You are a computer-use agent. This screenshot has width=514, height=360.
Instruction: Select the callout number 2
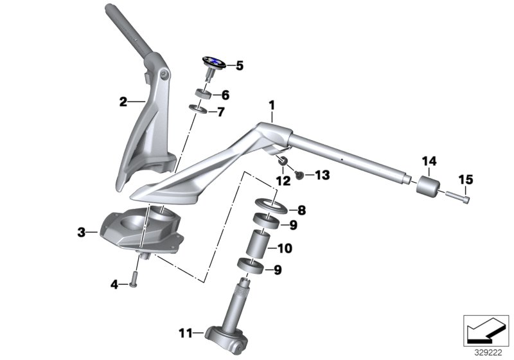123,101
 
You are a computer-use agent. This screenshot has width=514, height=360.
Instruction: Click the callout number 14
429,160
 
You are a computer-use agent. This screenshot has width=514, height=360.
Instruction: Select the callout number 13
322,175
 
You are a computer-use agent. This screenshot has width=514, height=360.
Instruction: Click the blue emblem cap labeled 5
213,62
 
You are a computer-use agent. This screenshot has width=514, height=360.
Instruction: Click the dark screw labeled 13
299,174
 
